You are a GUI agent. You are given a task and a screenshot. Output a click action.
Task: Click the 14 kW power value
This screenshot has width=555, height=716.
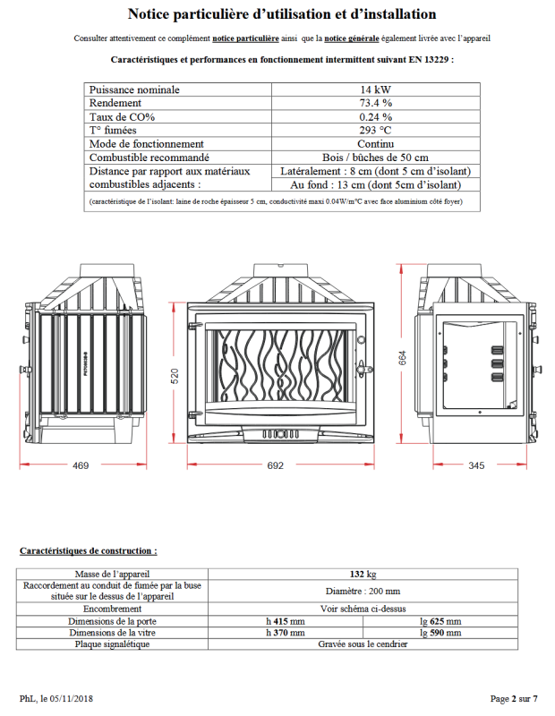[x=376, y=89]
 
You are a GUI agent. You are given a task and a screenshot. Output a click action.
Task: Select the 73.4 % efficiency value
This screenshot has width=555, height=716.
[x=376, y=103]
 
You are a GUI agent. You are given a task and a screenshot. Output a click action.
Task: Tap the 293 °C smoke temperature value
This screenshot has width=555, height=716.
[x=376, y=130]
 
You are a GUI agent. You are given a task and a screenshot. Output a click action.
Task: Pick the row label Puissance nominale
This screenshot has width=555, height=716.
[x=135, y=89]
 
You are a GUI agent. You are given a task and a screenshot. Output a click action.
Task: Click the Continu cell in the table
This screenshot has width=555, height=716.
[x=376, y=143]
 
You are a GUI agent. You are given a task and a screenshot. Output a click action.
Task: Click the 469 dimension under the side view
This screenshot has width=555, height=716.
[x=81, y=465]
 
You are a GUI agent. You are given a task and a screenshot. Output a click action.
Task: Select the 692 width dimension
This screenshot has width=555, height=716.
[x=275, y=465]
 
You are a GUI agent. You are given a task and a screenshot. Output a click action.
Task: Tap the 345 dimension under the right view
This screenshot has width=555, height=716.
[x=476, y=465]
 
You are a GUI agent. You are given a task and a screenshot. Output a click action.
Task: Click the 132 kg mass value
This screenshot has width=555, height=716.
[x=363, y=574]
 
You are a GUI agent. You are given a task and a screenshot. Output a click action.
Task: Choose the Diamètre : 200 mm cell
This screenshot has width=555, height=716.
[x=363, y=591]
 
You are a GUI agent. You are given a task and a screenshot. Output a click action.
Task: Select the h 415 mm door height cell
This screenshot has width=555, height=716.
[x=286, y=620]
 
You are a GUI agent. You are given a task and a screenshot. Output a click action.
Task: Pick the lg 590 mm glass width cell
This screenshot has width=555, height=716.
[x=440, y=632]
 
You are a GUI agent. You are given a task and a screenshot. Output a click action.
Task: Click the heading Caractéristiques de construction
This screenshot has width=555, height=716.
[x=88, y=550]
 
